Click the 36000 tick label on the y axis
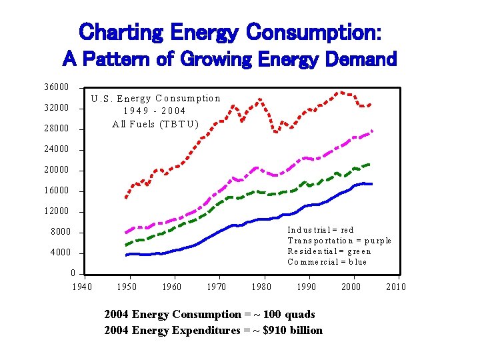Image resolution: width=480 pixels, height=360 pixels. pos(57,87)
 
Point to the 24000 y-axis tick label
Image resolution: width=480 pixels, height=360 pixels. pos(57,149)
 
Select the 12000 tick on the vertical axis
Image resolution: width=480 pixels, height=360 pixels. pos(57,211)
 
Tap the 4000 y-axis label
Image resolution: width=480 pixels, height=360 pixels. pos(59,253)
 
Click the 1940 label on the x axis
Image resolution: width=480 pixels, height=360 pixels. pos(81,287)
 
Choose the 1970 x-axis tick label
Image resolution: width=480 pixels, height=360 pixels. pos(216,287)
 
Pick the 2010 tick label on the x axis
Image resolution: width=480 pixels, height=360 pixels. pos(395,287)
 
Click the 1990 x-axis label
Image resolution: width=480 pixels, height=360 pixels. pos(306,287)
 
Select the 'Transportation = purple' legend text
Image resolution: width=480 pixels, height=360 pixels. pos(339,241)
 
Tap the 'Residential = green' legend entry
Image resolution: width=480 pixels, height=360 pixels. pos(329,251)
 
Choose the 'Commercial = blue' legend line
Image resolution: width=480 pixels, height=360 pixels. pos(327,262)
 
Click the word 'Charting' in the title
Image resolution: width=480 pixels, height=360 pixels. pos(121,31)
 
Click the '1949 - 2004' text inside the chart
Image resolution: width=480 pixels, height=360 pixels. pos(155,111)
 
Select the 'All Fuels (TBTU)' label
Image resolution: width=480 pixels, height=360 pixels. pos(155,123)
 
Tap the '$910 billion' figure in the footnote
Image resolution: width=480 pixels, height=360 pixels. pos(291,330)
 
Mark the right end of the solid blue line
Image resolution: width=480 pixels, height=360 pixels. pos(372,183)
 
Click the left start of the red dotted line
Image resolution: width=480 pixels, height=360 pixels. pos(125,198)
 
